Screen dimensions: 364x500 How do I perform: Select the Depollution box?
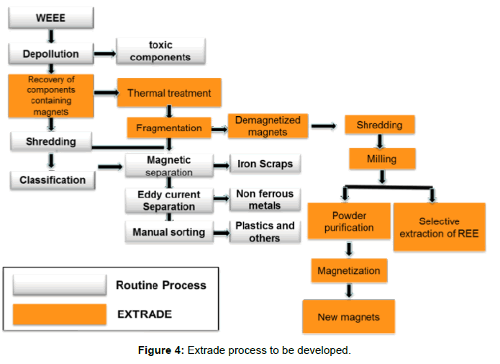tap(50, 53)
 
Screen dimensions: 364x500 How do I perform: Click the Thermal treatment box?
tap(169, 93)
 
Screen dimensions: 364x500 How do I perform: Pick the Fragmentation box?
tap(169, 128)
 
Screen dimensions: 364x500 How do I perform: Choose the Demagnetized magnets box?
tap(268, 126)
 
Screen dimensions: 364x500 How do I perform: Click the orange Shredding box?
tap(379, 125)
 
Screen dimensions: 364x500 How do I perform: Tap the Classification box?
tap(53, 179)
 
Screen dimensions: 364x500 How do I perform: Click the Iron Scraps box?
tap(265, 164)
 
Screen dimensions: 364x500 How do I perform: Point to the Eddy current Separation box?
tap(168, 200)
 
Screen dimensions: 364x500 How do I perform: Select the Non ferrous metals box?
tap(265, 200)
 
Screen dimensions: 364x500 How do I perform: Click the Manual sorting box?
tap(168, 232)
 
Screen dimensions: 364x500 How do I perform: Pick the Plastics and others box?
tap(265, 232)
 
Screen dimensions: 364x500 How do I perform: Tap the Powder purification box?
tap(349, 221)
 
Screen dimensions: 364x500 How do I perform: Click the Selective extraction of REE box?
tap(439, 227)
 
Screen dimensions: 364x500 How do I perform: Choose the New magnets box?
tap(348, 316)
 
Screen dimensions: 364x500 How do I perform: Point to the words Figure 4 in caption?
tap(161, 350)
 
